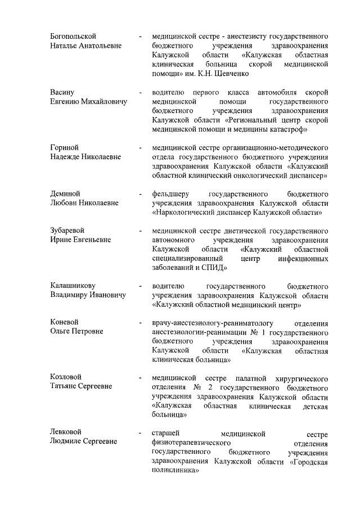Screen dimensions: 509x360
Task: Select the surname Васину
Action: tap(62, 92)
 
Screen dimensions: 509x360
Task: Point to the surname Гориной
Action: tap(64, 147)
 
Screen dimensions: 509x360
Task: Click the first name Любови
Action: tap(63, 203)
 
